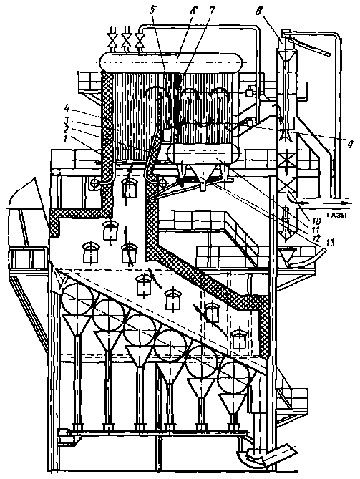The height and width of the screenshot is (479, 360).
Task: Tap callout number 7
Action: pyautogui.click(x=211, y=10)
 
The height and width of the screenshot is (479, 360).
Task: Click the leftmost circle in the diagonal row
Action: pyautogui.click(x=77, y=299)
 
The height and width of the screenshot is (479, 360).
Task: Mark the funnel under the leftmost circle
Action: pyautogui.click(x=77, y=325)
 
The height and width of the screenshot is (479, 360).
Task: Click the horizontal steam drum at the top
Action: pyautogui.click(x=171, y=62)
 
